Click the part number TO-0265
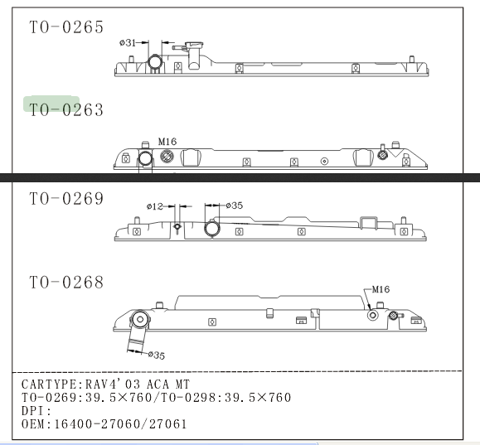(x=66, y=27)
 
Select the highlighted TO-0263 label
(x=66, y=109)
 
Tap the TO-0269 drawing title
(x=66, y=198)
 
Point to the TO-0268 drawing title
(x=66, y=282)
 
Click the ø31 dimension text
(x=128, y=42)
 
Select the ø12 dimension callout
(x=154, y=206)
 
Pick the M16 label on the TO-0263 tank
(x=167, y=142)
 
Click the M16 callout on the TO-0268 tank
(x=381, y=289)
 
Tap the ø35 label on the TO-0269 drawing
(x=234, y=206)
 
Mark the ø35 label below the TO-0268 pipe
(x=157, y=355)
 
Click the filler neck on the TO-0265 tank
(x=193, y=55)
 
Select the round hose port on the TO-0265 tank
(x=154, y=62)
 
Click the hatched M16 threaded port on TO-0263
(x=167, y=157)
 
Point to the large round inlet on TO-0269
(x=212, y=229)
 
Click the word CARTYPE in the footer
(x=49, y=385)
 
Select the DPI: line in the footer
(x=36, y=411)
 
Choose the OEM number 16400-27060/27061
(x=120, y=424)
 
